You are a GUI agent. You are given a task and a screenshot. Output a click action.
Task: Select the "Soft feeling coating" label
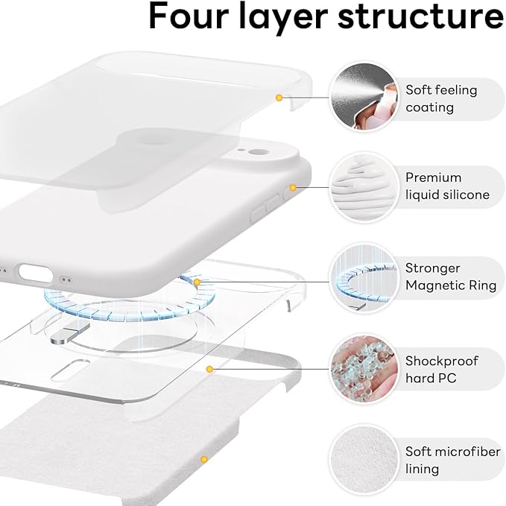[441, 98]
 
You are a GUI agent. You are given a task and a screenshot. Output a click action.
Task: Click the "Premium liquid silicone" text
[447, 186]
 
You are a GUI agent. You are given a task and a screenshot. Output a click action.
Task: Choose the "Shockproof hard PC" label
[441, 369]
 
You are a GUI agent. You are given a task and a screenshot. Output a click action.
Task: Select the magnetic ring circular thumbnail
[362, 277]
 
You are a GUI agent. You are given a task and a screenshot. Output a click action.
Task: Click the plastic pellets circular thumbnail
[362, 368]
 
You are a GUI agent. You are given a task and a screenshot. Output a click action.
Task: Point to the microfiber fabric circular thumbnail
[362, 459]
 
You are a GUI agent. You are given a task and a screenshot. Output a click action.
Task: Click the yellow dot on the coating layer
[279, 97]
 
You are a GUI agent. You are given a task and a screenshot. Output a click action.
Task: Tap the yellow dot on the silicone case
[293, 187]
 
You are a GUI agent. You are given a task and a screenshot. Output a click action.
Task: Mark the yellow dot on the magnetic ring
[197, 282]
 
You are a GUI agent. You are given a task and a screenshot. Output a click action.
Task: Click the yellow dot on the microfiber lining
[202, 459]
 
